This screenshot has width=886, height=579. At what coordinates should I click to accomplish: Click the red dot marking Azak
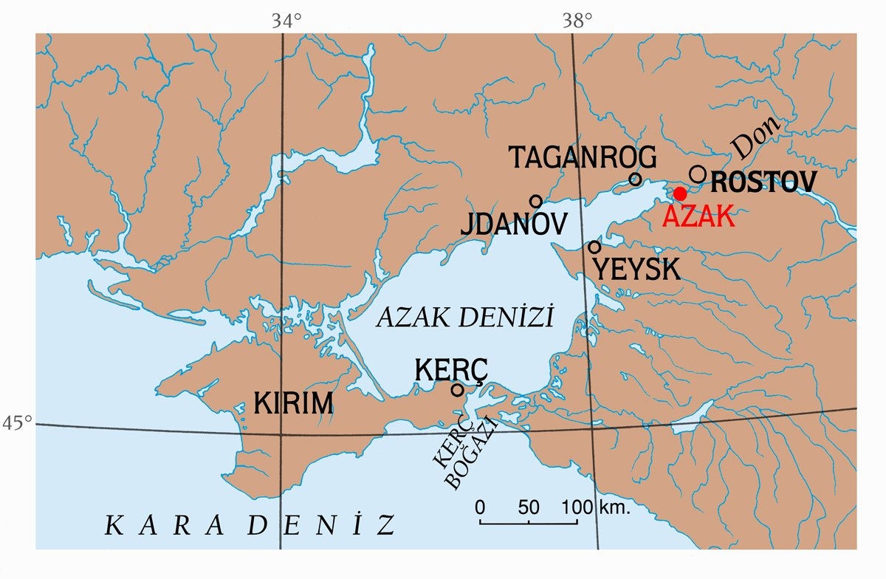680,193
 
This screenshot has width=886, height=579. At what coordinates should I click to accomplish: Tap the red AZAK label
698,216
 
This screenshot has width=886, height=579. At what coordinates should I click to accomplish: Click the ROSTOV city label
766,182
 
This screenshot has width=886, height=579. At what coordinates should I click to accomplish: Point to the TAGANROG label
583,157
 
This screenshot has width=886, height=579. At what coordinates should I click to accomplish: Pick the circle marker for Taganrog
635,179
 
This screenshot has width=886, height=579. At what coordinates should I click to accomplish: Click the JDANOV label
514,225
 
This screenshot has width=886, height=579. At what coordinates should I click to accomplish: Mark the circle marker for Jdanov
536,201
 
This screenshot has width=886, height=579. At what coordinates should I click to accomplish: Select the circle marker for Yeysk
594,247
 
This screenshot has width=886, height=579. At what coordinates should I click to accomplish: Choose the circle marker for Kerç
457,389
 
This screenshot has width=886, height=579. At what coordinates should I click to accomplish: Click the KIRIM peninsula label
293,404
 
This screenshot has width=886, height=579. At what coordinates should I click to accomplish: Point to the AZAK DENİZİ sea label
464,318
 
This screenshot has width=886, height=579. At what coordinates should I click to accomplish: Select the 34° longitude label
286,21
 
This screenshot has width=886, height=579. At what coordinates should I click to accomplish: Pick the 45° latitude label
17,423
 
